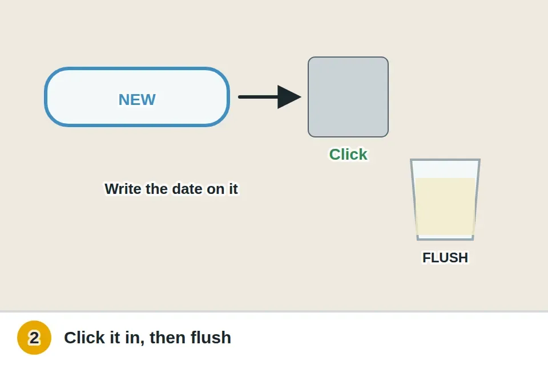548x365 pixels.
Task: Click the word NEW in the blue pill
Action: coord(137,100)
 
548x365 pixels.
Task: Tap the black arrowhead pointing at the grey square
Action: coord(289,97)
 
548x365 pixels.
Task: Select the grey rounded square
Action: coord(348,97)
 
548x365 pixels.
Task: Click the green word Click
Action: coord(348,155)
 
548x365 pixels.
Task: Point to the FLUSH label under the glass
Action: coord(445,258)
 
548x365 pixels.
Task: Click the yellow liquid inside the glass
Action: coord(445,206)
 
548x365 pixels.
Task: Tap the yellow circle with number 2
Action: coord(34,338)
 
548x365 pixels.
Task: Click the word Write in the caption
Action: coord(123,189)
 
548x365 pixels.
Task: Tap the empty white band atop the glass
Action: coord(445,169)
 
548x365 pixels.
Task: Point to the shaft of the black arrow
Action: coord(258,97)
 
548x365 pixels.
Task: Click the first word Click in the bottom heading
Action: coord(84,338)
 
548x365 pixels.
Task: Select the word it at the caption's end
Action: coord(233,189)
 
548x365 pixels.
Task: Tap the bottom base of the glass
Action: coord(445,238)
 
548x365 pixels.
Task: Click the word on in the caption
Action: coord(216,189)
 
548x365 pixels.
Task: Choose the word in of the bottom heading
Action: coord(134,338)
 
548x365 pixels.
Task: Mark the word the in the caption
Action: coord(157,189)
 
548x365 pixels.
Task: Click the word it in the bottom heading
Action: coord(115,338)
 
